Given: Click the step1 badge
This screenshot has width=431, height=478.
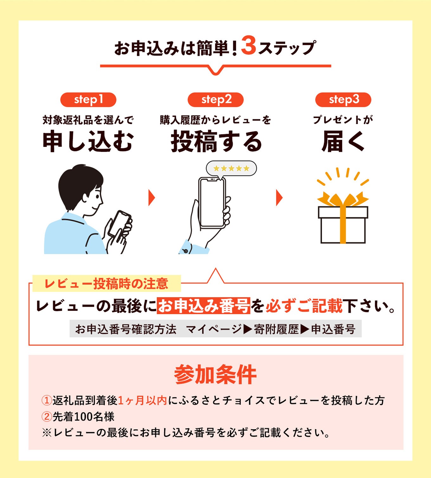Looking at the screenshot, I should point(88,100).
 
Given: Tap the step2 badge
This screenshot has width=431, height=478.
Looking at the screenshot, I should point(215,100).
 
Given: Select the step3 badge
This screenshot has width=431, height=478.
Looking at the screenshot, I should point(343,100).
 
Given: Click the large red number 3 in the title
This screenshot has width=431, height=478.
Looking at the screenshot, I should point(248,46).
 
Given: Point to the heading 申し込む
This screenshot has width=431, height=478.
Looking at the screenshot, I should point(88,141).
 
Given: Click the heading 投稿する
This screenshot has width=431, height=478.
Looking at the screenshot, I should point(216,142).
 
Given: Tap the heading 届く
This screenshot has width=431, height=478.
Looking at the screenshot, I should point(343,141).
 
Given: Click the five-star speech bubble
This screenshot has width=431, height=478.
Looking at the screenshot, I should point(231,168).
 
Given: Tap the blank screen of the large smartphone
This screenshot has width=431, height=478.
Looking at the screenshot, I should point(212,203).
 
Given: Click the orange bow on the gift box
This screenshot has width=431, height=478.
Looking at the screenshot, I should point(343,199).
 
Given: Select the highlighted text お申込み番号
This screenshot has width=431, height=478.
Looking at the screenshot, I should point(203,306).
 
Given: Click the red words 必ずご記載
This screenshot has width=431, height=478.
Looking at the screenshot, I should point(304,306).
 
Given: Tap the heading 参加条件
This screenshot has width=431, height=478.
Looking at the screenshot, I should point(215,374).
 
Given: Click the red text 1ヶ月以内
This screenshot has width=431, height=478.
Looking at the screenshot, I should point(142,400).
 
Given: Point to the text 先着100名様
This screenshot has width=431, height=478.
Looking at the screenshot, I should point(83,416).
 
